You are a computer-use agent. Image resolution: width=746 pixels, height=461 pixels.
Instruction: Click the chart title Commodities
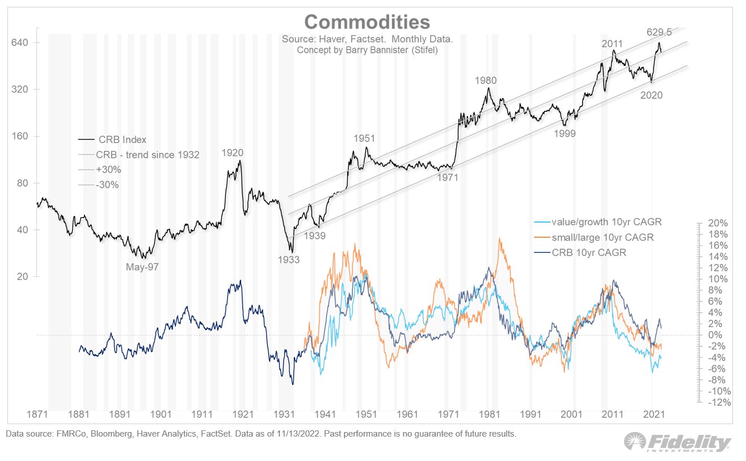[x=367, y=22]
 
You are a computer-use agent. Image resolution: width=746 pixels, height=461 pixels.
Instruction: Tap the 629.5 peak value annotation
[x=659, y=32]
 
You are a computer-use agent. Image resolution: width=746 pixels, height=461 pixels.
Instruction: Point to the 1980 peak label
[x=486, y=81]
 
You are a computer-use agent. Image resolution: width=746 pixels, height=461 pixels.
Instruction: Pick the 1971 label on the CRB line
[x=447, y=177]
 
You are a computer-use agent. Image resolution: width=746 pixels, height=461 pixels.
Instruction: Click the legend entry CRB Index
[x=122, y=140]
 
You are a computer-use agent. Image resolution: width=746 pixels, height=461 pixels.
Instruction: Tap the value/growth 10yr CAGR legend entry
[x=599, y=222]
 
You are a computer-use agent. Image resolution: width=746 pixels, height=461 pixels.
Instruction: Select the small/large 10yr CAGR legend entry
[x=602, y=237]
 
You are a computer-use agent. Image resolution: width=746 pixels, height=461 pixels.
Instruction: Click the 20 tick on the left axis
[x=23, y=276]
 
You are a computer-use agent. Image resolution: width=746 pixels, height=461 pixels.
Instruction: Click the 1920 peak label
[x=233, y=153]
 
